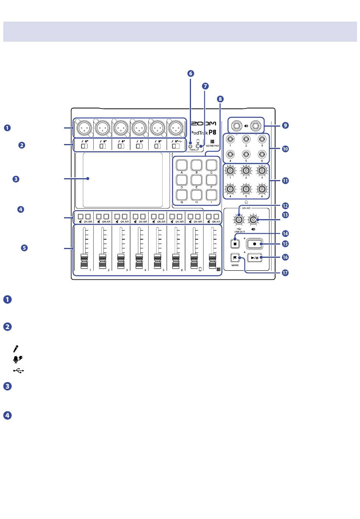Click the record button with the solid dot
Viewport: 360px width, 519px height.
[255, 243]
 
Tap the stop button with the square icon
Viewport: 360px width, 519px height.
[235, 243]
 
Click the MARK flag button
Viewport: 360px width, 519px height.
[235, 258]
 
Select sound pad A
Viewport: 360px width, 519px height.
[182, 164]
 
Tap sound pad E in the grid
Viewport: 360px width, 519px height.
[196, 179]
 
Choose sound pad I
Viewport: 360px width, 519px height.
[211, 194]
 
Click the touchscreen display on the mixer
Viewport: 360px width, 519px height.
[122, 180]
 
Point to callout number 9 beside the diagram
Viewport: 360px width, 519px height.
[285, 125]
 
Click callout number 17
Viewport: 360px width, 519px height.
[285, 272]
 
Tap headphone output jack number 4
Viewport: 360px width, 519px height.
[230, 154]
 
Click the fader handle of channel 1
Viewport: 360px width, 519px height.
[84, 261]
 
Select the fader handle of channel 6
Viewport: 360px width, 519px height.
[175, 261]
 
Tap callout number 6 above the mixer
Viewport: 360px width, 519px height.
[191, 74]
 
